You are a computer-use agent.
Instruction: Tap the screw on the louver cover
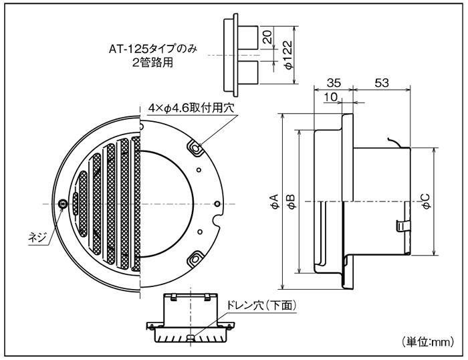click(62, 203)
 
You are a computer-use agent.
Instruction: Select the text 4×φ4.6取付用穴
click(191, 107)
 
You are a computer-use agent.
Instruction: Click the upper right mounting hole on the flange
click(194, 146)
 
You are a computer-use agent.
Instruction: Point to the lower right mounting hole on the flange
click(194, 256)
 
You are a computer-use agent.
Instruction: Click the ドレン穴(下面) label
click(262, 305)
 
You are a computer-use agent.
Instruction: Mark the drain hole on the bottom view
click(192, 339)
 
